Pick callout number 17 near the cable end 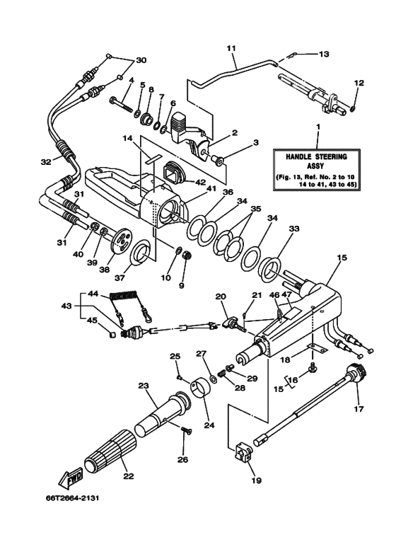357,408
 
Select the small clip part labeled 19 243,452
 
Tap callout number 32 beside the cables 46,162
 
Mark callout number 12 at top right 359,84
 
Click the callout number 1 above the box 318,126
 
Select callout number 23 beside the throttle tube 144,386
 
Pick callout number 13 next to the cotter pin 323,54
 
